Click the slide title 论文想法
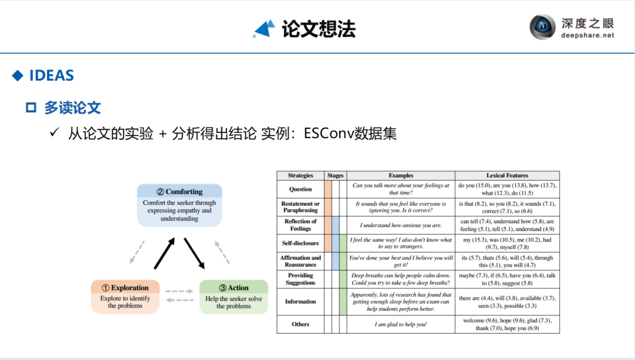pos(318,29)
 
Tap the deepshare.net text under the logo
pos(588,35)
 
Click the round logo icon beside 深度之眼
pos(542,27)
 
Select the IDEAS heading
pos(51,76)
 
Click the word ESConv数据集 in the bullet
pos(350,134)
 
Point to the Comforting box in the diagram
pos(179,205)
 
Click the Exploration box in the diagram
pos(125,296)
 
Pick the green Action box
pos(233,296)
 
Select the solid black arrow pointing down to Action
pos(194,253)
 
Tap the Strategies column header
pos(300,175)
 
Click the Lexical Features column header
pos(507,175)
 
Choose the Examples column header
pos(400,175)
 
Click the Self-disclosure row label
pos(300,243)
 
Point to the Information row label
pos(300,302)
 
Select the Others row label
pos(300,324)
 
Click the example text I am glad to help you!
pos(400,324)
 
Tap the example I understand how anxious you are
pos(400,225)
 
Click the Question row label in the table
pos(300,189)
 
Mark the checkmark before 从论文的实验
pos(55,134)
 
